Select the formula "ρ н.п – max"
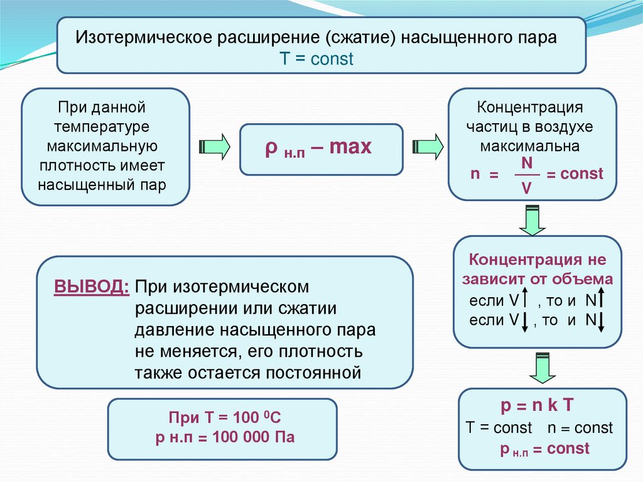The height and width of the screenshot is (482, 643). click(x=318, y=149)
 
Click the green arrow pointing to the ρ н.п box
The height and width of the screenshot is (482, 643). click(x=214, y=146)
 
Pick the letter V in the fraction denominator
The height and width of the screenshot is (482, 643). click(x=527, y=187)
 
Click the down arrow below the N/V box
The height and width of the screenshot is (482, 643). click(x=532, y=220)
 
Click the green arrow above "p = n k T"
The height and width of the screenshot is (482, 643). click(x=542, y=368)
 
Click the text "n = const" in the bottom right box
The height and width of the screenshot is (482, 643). click(x=580, y=428)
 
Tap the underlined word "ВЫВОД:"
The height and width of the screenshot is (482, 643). click(x=92, y=287)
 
